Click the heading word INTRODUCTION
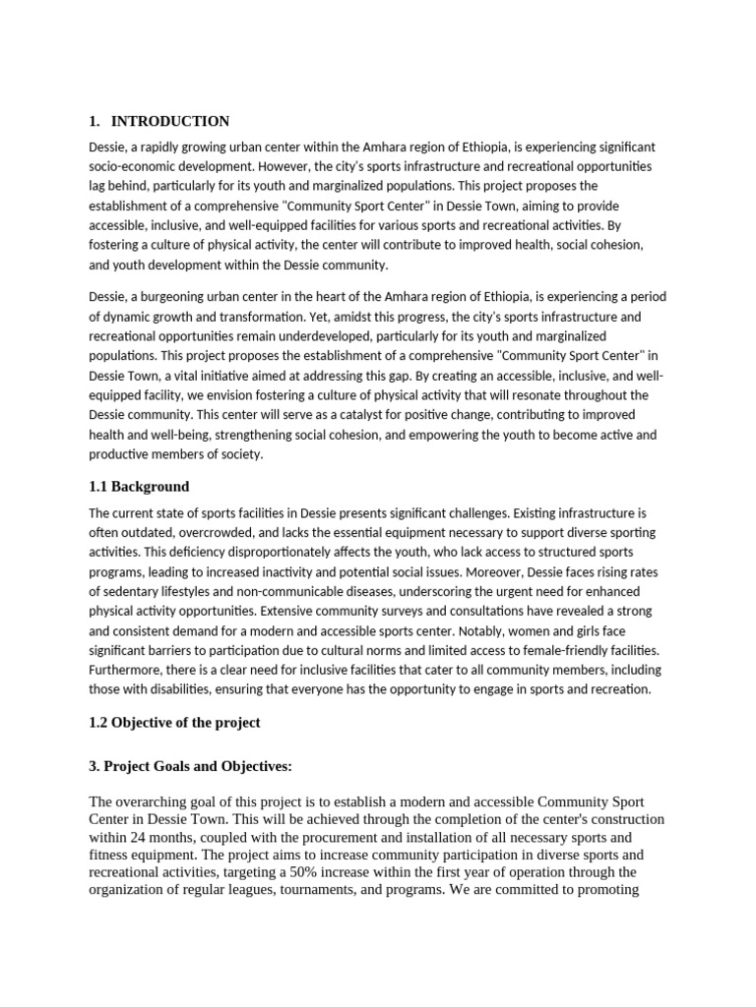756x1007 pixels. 169,121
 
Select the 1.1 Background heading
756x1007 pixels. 139,487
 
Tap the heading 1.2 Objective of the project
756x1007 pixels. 174,723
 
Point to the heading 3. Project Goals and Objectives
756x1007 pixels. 191,766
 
